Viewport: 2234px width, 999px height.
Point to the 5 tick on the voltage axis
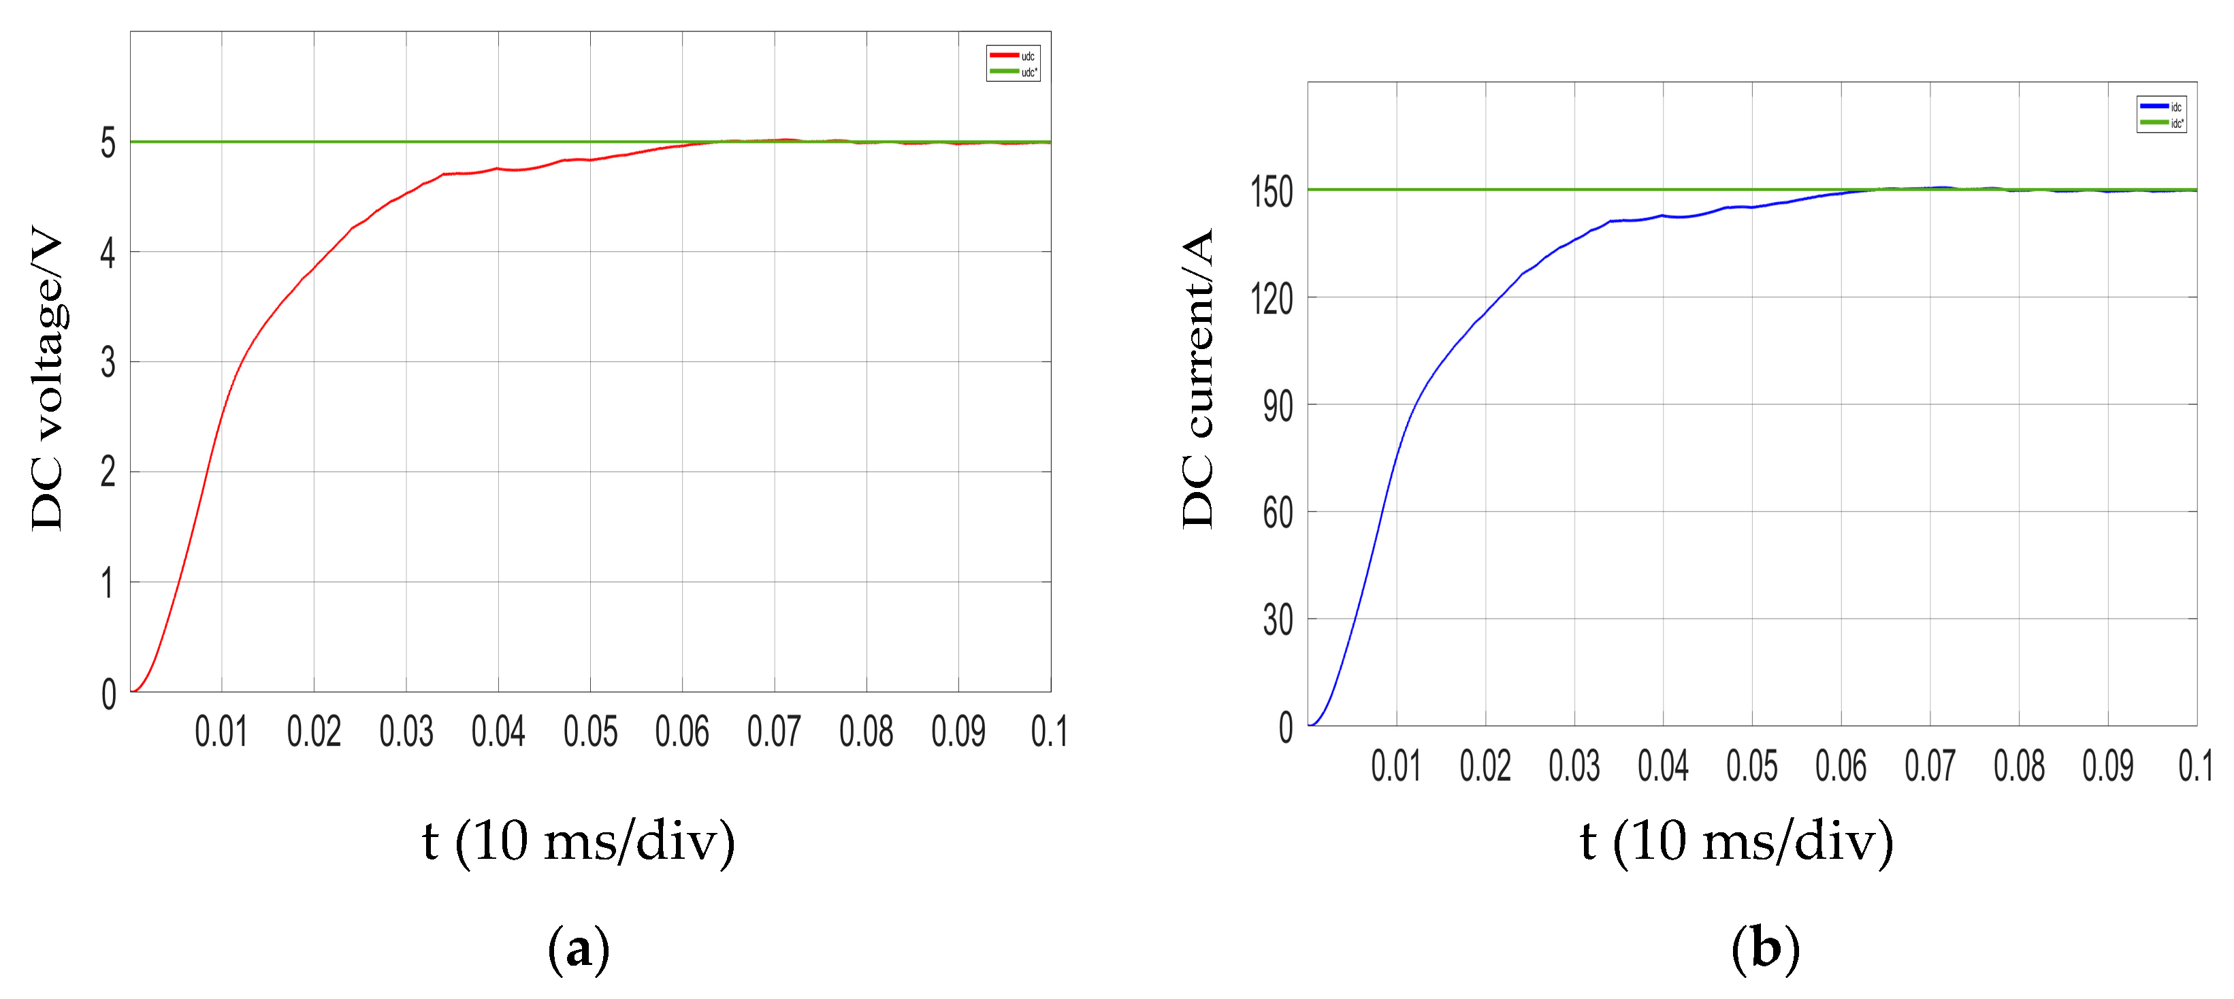(108, 143)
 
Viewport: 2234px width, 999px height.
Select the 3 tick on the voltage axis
(108, 363)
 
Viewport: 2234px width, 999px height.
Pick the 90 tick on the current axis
(1278, 406)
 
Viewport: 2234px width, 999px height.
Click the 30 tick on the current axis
(1278, 620)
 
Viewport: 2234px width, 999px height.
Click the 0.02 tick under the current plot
(1485, 766)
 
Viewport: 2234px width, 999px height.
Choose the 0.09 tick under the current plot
(2107, 766)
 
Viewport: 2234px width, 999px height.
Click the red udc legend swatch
(1003, 56)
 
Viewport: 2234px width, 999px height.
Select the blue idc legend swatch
(2154, 105)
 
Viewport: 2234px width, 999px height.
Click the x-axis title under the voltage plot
(579, 841)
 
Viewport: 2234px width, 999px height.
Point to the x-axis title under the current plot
(1736, 841)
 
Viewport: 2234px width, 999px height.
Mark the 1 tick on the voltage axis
(108, 583)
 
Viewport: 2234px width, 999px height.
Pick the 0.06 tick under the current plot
(1841, 766)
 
